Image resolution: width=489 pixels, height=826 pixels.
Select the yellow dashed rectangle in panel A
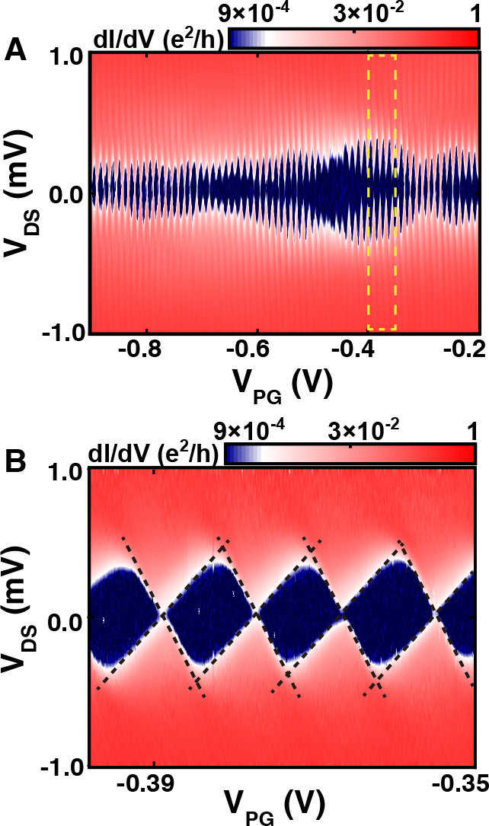point(382,192)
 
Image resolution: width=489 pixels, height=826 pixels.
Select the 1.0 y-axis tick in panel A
point(68,57)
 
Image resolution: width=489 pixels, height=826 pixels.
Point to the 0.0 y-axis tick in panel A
point(68,194)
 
